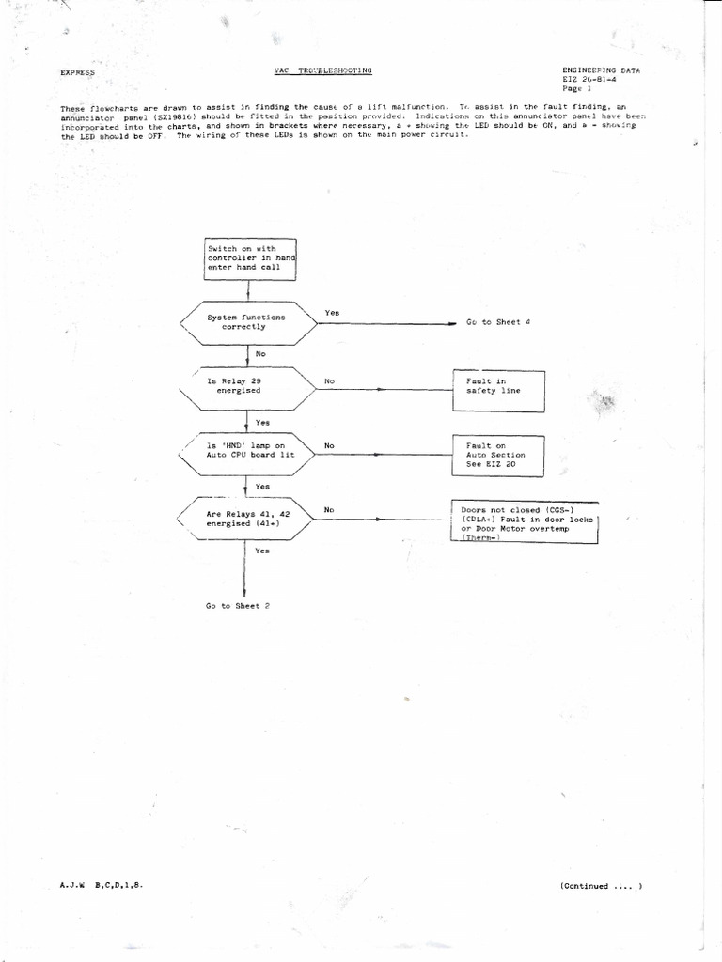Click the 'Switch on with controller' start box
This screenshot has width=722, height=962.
click(250, 258)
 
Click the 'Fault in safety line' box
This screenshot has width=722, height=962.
click(498, 390)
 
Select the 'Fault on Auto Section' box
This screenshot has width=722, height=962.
click(498, 455)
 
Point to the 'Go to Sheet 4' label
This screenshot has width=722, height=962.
click(498, 322)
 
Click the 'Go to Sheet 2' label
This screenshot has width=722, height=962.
click(238, 606)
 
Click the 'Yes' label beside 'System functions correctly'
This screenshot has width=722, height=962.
click(333, 312)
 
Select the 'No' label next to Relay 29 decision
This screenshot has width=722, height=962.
click(329, 381)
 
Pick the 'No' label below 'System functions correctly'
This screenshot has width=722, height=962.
click(261, 353)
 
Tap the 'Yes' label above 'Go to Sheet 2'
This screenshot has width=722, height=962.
click(261, 551)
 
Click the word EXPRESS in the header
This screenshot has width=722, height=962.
click(77, 72)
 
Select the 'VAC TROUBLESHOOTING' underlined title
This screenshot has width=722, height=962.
click(322, 70)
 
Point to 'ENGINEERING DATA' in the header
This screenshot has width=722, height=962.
click(601, 70)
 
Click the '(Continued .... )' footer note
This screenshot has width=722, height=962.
click(601, 886)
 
